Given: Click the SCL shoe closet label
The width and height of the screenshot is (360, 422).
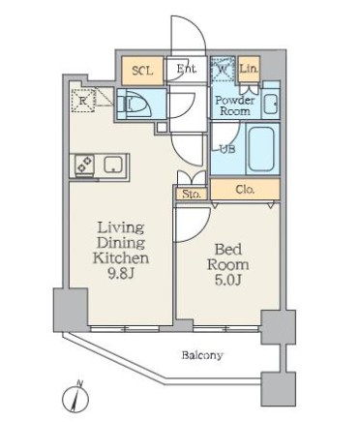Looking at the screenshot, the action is [x=142, y=71].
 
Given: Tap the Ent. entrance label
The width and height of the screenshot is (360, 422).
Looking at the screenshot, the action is [x=186, y=69].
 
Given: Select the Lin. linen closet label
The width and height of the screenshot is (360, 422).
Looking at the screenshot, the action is [x=249, y=69].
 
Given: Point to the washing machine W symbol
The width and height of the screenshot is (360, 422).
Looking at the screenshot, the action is [x=223, y=69].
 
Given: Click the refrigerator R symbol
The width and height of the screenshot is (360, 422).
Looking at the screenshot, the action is [x=83, y=101].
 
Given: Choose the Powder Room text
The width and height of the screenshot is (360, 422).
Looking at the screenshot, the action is [x=235, y=105].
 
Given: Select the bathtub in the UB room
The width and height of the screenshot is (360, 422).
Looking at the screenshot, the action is [x=261, y=150].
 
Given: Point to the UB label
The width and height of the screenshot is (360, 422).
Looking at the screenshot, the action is [x=227, y=149].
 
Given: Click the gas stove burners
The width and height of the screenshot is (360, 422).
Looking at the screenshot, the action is [x=84, y=165].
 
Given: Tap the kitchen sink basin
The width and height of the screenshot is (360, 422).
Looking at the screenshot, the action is [x=112, y=165].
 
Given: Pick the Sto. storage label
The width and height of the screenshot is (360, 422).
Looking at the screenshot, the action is [x=192, y=195].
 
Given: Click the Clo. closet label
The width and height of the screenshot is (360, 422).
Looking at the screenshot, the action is [x=245, y=190].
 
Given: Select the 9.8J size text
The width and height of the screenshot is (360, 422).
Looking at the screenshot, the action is [x=120, y=274].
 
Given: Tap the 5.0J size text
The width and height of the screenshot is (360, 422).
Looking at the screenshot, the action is [x=227, y=280].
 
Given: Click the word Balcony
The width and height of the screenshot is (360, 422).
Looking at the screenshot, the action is [x=202, y=355].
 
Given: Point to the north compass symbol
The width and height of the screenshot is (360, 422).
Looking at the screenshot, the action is [x=75, y=398].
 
